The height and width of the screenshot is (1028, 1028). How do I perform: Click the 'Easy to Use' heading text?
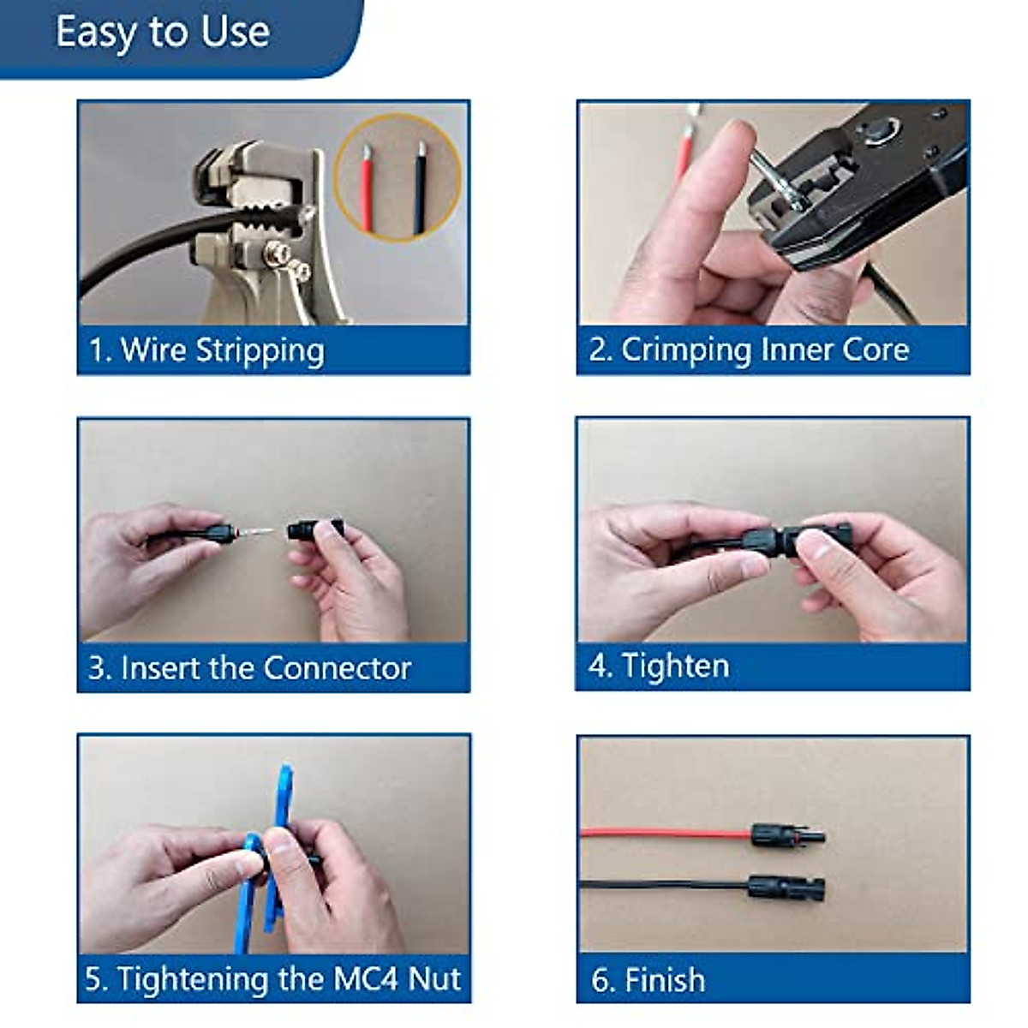coord(162,33)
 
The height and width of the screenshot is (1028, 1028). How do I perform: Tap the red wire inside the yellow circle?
coord(366,189)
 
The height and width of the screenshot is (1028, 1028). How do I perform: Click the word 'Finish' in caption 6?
coord(665,979)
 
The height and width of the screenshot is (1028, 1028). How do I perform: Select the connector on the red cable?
coord(786,834)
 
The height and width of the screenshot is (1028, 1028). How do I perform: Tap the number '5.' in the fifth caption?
coord(97,978)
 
